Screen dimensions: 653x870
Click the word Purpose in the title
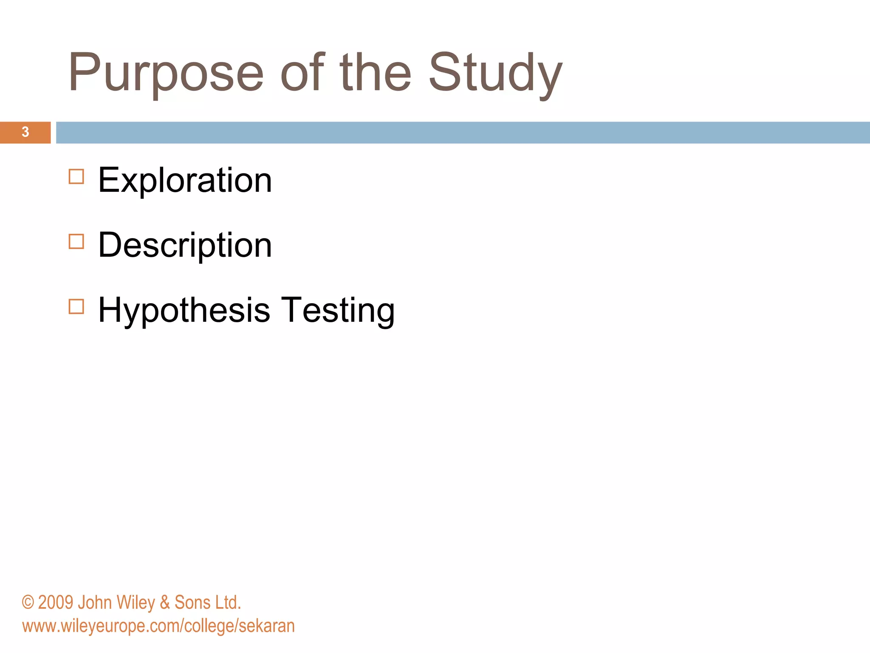[166, 73]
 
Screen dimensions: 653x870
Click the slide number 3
[25, 132]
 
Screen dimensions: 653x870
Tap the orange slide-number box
[13, 132]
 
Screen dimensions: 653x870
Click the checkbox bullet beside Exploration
[76, 176]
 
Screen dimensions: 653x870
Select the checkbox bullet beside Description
[76, 241]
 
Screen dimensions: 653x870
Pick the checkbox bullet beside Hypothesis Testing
[76, 307]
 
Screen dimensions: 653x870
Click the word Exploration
[185, 180]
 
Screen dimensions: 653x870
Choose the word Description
[185, 245]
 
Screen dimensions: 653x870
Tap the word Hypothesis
[184, 310]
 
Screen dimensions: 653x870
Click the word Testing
[338, 310]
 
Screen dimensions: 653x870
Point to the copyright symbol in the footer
[28, 602]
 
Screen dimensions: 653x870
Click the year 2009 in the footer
[56, 602]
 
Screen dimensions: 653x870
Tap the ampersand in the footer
[165, 603]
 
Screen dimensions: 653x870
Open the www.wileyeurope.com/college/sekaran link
[158, 626]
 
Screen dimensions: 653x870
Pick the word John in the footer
[95, 602]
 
